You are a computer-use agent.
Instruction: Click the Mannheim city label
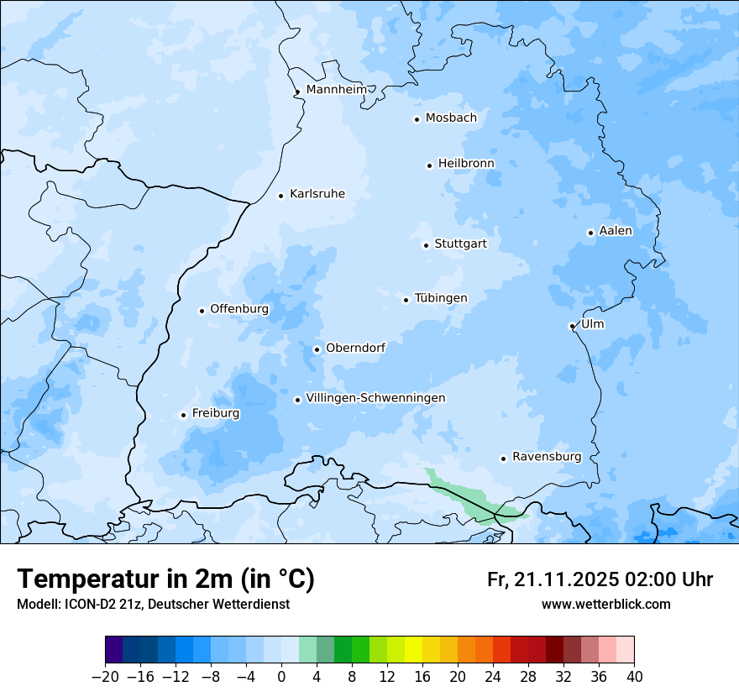coord(336,89)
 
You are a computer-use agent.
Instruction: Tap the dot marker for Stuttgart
coord(426,245)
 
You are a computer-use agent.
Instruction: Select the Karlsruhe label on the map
coord(317,194)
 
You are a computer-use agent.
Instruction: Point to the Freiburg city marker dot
coord(183,415)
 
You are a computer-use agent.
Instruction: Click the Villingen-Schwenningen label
coord(375,398)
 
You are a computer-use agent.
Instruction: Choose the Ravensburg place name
coord(546,457)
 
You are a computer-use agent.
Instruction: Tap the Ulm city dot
coord(572,326)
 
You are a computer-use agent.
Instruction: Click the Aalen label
coord(616,231)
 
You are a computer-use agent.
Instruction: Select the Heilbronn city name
coord(466,163)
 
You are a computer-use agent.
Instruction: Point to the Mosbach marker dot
coord(417,119)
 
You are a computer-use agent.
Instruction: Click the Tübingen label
coord(441,298)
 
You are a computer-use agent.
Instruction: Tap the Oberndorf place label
coord(355,348)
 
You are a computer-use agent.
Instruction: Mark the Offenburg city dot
coord(202,311)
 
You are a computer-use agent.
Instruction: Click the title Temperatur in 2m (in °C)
coord(165,579)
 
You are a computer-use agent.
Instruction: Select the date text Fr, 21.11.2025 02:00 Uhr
coord(600,579)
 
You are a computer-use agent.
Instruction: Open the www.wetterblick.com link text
coord(605,604)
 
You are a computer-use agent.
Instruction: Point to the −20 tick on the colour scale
coord(105,677)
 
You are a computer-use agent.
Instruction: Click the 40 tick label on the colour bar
coord(634,677)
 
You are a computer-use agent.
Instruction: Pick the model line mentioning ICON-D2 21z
coord(153,604)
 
